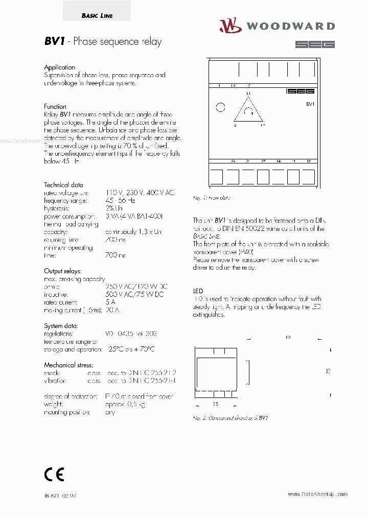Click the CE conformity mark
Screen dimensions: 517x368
(54, 475)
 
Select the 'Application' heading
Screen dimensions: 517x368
(59, 67)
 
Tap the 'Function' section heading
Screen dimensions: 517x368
(55, 107)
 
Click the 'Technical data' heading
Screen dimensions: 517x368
(63, 185)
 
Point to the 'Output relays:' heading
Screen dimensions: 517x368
(63, 271)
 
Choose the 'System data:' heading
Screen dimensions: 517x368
(61, 326)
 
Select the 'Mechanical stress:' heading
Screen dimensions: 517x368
(68, 365)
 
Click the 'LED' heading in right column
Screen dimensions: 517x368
(198, 290)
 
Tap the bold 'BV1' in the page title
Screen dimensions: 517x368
(54, 42)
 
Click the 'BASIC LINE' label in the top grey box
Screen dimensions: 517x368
(97, 16)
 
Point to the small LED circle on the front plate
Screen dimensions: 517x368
(220, 107)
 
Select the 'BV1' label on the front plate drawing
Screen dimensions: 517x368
(310, 104)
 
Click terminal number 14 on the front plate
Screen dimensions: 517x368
(279, 161)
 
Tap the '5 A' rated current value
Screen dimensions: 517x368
(111, 302)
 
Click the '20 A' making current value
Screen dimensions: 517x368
(112, 310)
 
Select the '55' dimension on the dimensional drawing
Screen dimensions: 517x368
(215, 404)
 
